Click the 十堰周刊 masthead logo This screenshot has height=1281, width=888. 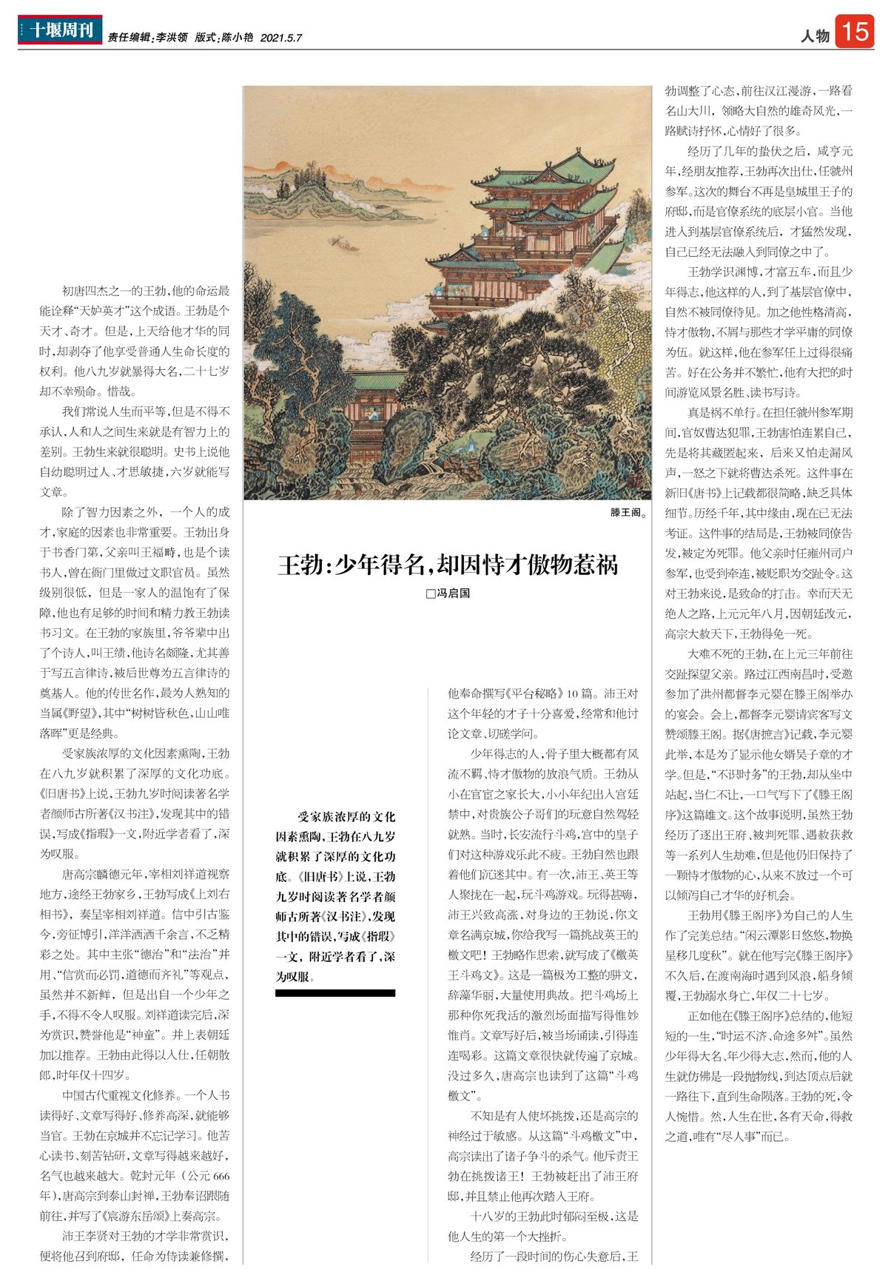(60, 30)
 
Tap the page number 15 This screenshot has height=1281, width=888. (854, 32)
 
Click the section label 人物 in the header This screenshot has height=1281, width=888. (815, 36)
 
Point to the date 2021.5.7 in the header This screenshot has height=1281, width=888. (281, 38)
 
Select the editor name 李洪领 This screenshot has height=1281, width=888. (172, 38)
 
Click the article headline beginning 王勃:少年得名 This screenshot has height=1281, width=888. (448, 565)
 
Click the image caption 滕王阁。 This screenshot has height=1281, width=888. (629, 512)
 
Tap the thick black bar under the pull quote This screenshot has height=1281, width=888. (335, 993)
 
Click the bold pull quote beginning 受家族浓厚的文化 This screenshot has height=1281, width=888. (335, 896)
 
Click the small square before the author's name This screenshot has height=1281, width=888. (430, 594)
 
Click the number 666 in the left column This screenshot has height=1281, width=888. (221, 1176)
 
